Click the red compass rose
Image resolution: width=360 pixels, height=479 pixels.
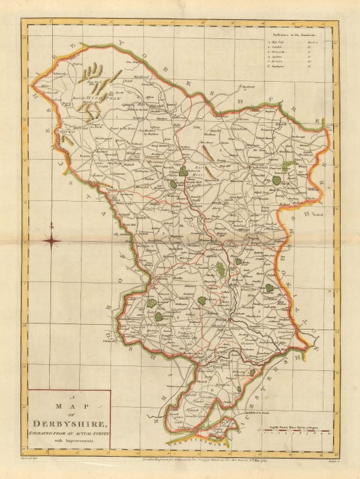[53, 242]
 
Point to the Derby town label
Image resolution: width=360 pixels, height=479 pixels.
[221, 320]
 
